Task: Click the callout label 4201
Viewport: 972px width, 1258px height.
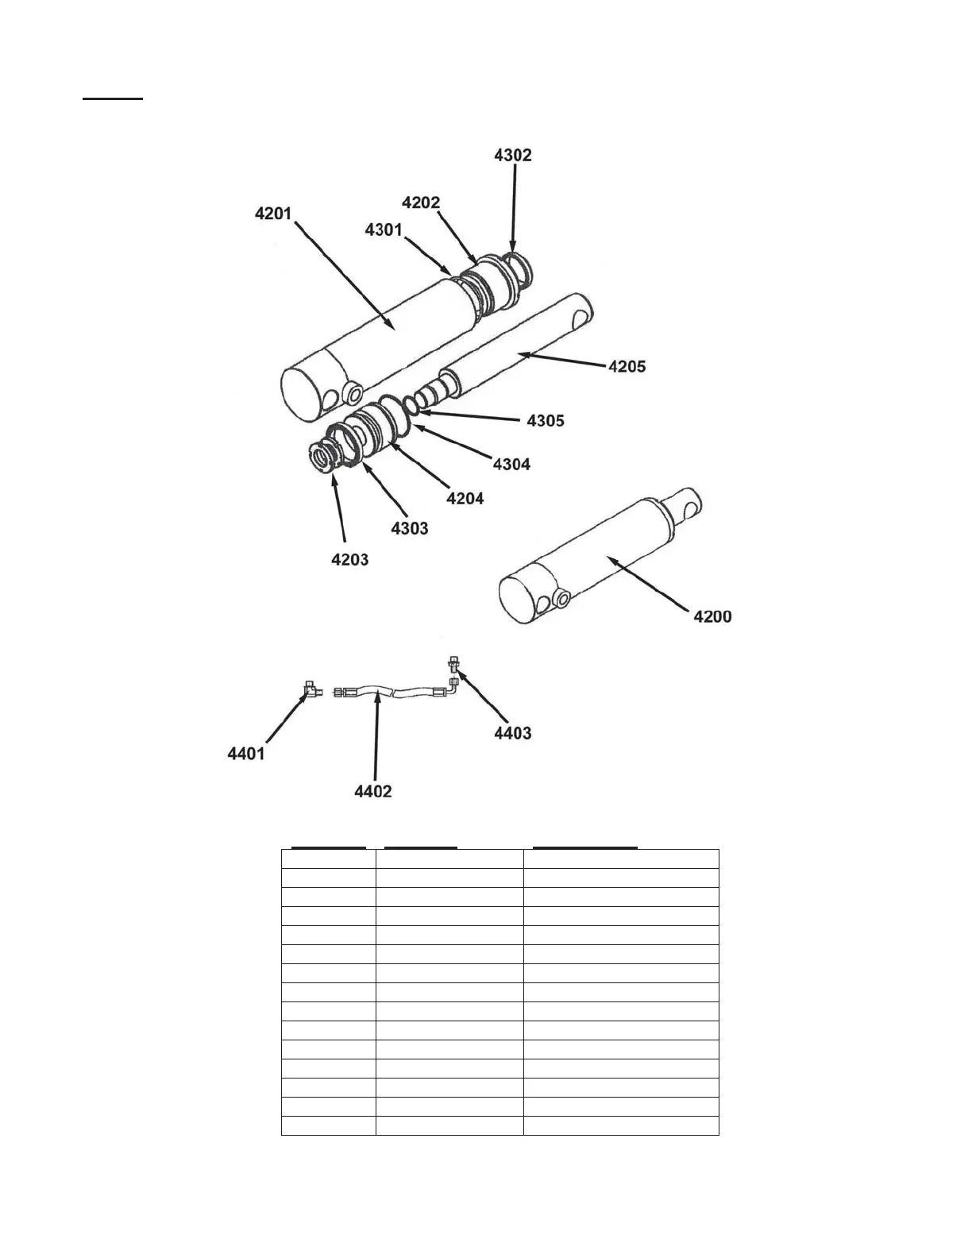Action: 273,214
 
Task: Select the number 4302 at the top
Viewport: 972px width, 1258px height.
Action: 513,155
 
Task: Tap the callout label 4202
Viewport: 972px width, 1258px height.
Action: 421,203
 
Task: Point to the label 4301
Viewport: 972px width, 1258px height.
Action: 384,230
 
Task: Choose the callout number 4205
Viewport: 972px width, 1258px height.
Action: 627,366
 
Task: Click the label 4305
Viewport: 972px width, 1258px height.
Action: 546,420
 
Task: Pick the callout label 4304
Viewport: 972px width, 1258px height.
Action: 511,464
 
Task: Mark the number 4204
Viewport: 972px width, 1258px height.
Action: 465,498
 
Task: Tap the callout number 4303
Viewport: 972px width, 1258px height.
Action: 410,528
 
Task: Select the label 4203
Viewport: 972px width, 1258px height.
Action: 350,559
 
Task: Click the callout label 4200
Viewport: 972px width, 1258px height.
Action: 713,616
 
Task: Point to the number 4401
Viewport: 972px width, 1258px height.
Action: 246,754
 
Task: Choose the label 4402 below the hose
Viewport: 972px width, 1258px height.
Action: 373,791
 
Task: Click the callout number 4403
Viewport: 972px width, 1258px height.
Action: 513,733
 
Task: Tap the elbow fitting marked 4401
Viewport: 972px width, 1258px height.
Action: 310,689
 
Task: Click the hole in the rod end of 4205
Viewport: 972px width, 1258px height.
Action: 581,318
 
